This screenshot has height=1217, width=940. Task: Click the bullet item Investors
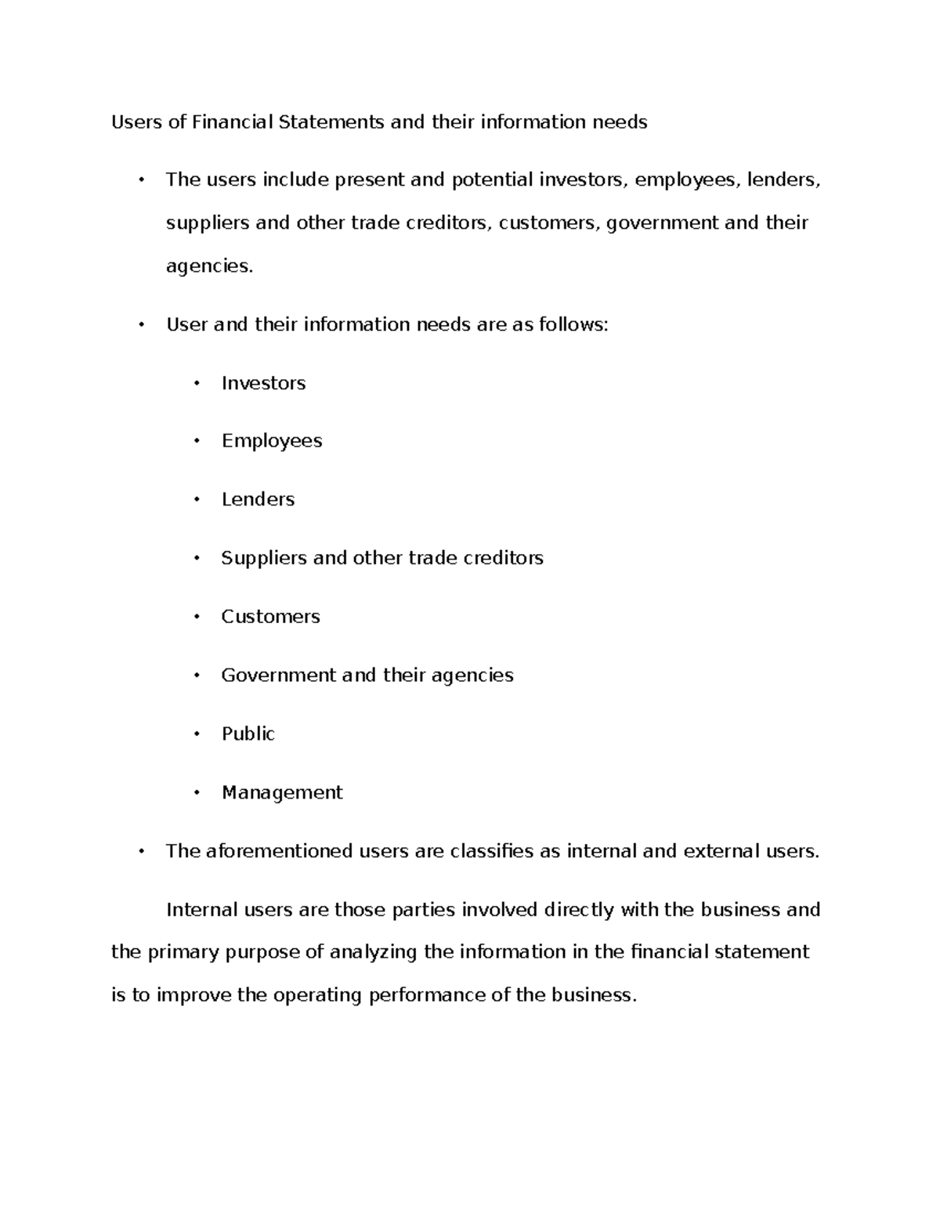tap(263, 383)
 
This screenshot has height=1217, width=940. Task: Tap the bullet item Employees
tap(272, 441)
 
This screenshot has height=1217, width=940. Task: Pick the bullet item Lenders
tap(258, 500)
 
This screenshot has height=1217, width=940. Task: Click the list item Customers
tap(270, 617)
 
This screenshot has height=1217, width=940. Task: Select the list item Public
tap(248, 734)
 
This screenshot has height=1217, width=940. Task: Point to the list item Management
tap(282, 793)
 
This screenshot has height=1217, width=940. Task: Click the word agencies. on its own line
tap(210, 267)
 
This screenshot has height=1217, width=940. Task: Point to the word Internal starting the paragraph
tap(202, 910)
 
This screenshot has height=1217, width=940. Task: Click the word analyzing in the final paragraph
tap(374, 953)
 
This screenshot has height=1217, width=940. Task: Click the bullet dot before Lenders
tap(197, 500)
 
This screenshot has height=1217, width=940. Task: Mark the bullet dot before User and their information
tap(142, 324)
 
